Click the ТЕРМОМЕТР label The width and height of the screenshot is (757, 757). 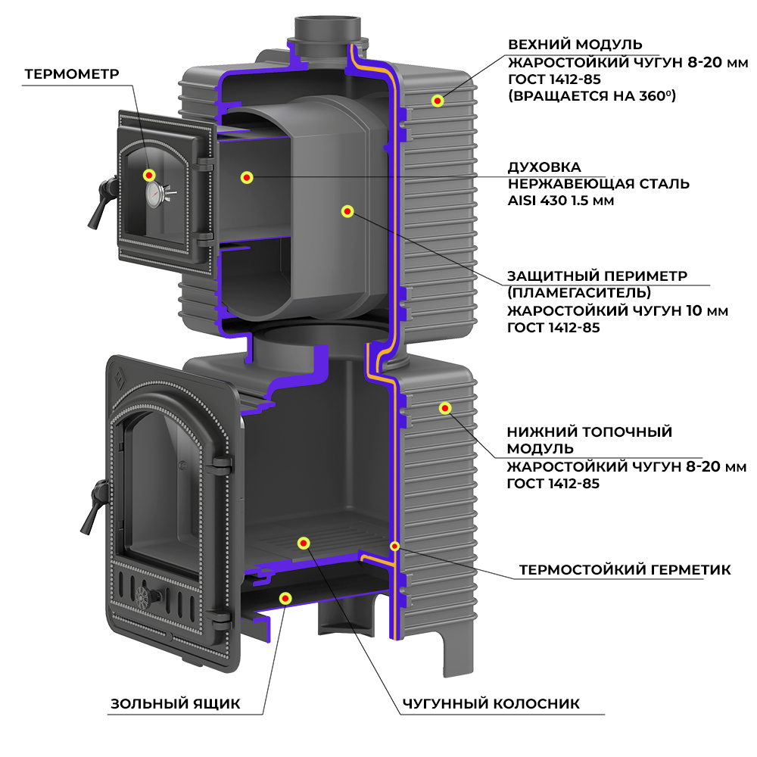pos(73,74)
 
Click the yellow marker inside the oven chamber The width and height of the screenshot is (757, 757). pos(246,177)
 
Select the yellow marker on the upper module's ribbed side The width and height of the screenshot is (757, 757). pos(437,101)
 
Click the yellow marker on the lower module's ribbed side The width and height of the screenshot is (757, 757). pos(445,409)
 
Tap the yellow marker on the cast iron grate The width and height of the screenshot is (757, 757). pos(304,543)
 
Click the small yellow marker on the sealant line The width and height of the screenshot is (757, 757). pos(394,545)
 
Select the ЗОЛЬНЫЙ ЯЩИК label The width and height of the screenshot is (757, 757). pos(176,703)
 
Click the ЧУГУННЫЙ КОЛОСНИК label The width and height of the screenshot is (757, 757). pos(491,703)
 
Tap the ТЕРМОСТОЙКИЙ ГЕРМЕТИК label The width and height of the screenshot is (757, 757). pos(625,569)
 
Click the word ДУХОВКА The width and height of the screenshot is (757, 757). pos(545,167)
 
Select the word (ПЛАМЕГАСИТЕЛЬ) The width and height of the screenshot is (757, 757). pos(579,292)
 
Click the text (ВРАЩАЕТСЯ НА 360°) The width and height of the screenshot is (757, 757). pos(591,96)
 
